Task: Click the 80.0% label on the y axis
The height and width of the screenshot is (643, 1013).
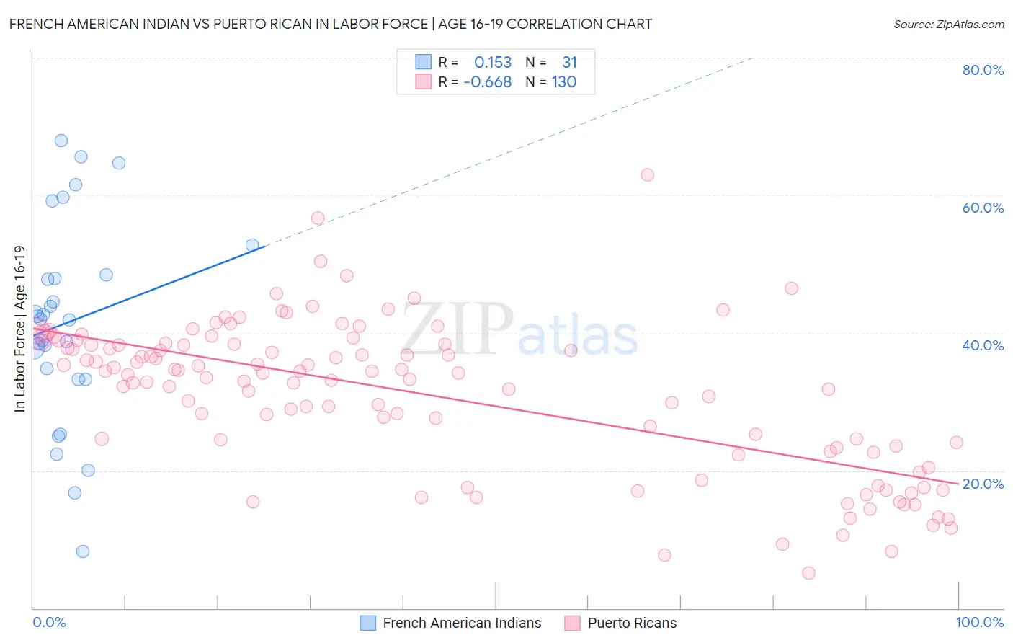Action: (983, 70)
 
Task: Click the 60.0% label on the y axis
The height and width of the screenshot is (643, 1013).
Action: (983, 208)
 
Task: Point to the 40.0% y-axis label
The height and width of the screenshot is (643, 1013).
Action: (983, 345)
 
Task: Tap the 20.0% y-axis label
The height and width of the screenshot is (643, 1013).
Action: (983, 484)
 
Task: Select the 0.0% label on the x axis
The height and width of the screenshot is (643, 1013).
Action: (49, 622)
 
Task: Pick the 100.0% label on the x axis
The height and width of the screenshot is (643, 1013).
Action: (979, 622)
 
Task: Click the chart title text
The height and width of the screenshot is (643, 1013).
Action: (331, 24)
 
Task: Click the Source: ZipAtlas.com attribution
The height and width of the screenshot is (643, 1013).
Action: (948, 24)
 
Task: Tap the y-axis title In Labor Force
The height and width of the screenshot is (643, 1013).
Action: (19, 329)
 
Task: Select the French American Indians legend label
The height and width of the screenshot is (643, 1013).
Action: (462, 623)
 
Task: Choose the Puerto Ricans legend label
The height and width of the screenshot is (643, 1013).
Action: (632, 623)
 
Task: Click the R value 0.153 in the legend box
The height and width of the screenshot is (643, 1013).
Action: (492, 63)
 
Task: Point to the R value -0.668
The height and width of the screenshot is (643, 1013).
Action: (488, 82)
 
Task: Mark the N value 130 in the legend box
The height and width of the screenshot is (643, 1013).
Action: (564, 82)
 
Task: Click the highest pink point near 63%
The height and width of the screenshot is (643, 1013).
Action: (647, 174)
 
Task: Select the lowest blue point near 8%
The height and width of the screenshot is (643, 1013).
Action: (83, 551)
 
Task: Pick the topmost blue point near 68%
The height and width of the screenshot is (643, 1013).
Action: (61, 141)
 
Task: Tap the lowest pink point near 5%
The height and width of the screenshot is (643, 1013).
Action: (808, 573)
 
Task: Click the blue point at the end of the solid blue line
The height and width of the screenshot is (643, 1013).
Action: (252, 245)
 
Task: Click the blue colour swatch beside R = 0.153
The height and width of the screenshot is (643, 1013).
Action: (423, 63)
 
